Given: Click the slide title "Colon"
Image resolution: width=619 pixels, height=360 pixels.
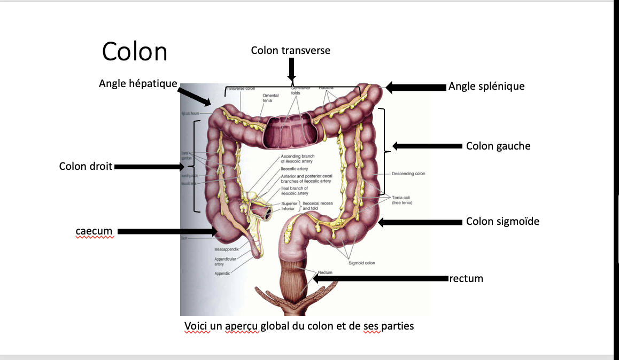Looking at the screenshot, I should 135,52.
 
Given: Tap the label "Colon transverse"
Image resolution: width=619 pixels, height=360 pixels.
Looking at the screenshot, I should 291,50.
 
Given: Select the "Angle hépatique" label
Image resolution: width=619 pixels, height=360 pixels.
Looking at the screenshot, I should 138,83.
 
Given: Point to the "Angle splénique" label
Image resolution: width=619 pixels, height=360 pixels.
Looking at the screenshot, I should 486,86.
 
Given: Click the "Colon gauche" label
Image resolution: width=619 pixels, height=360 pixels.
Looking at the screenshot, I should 498,146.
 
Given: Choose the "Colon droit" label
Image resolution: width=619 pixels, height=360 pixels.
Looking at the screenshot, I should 86,166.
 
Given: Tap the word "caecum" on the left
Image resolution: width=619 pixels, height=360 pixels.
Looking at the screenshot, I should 94,231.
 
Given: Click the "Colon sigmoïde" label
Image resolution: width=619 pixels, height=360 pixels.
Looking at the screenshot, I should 502,221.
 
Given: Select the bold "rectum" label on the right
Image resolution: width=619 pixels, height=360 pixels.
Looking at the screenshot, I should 467,278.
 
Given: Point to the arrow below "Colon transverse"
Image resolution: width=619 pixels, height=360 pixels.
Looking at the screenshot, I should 292,69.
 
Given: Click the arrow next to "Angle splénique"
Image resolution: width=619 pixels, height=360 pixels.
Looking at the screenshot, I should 416,87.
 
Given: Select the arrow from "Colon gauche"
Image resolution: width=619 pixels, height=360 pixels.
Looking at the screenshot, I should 428,146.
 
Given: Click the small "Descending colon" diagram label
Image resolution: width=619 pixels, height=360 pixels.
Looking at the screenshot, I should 408,174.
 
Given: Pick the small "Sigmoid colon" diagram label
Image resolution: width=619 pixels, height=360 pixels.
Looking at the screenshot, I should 362,263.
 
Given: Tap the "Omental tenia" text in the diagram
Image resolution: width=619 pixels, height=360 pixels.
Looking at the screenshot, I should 271,98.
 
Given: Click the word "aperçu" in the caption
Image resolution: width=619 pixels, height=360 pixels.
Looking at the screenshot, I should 242,325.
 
